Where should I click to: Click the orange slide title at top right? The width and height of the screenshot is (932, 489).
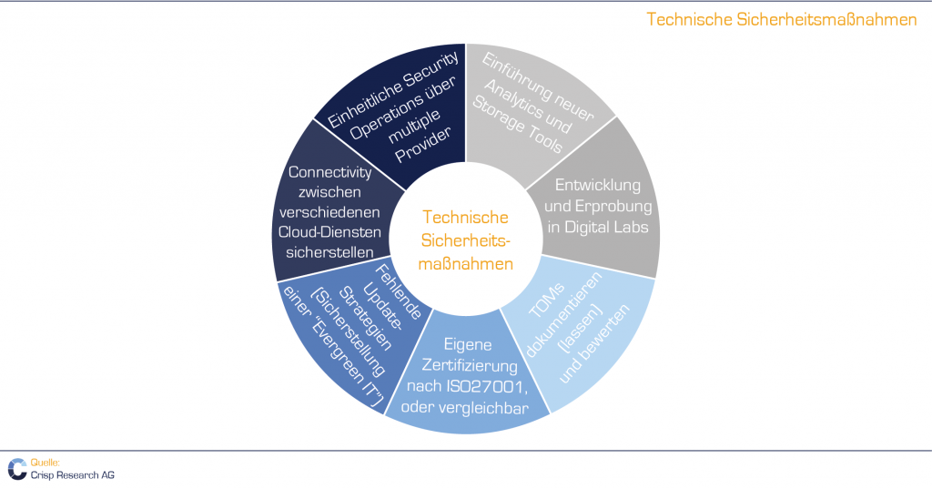(782, 20)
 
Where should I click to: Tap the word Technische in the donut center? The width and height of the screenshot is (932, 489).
(465, 217)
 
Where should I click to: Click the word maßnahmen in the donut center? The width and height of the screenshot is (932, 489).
(465, 263)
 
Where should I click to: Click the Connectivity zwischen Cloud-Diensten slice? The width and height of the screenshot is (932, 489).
(329, 211)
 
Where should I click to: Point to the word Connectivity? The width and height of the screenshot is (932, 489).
(329, 172)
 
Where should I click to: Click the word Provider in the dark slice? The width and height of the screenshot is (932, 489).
(423, 145)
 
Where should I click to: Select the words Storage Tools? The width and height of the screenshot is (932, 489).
(517, 125)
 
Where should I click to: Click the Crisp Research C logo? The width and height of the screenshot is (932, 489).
(17, 469)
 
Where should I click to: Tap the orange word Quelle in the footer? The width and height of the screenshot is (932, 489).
(46, 463)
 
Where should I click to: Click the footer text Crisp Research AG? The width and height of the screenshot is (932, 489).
(73, 475)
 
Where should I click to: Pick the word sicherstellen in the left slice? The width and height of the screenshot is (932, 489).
(329, 252)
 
